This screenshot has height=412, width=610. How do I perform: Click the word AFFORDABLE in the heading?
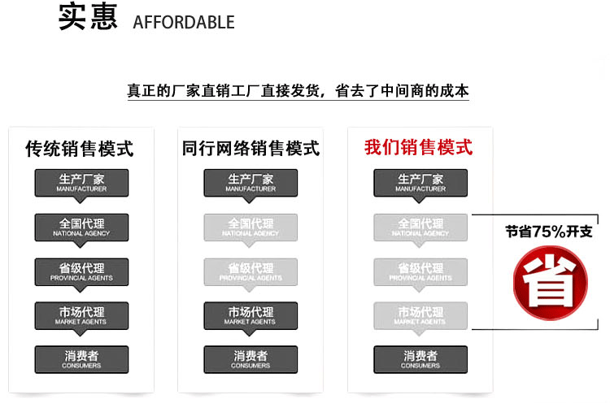pyautogui.click(x=183, y=22)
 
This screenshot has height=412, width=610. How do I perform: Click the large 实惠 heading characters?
pyautogui.click(x=89, y=17)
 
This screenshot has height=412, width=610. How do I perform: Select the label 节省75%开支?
pyautogui.click(x=549, y=232)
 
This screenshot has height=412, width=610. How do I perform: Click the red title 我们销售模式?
pyautogui.click(x=418, y=148)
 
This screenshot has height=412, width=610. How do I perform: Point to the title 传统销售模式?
pyautogui.click(x=80, y=149)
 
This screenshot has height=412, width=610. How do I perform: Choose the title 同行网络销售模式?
pyautogui.click(x=251, y=149)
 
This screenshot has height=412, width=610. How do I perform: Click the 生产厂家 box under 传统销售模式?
pyautogui.click(x=81, y=183)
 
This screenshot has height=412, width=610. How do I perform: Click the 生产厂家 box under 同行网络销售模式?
pyautogui.click(x=251, y=183)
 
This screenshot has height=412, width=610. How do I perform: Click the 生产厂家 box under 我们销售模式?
pyautogui.click(x=420, y=183)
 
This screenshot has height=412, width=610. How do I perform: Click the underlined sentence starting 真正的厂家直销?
pyautogui.click(x=298, y=91)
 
